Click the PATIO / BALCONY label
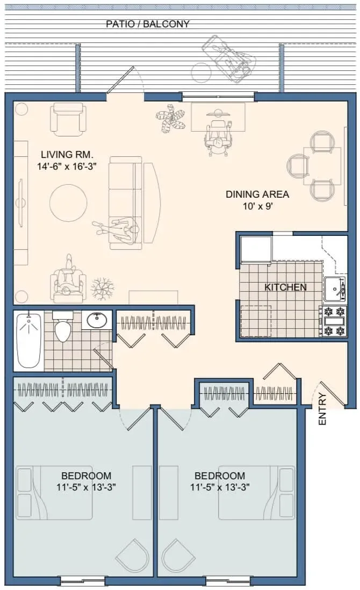147,24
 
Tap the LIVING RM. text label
67,154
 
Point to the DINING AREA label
257,195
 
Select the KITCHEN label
285,287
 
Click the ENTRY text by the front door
322,409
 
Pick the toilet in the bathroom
63,326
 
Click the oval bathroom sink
97,320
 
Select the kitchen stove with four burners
333,321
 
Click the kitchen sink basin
334,290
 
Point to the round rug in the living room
68,203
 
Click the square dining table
322,166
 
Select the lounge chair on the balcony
229,58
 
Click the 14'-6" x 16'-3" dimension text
67,167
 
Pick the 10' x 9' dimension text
258,206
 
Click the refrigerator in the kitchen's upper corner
256,249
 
